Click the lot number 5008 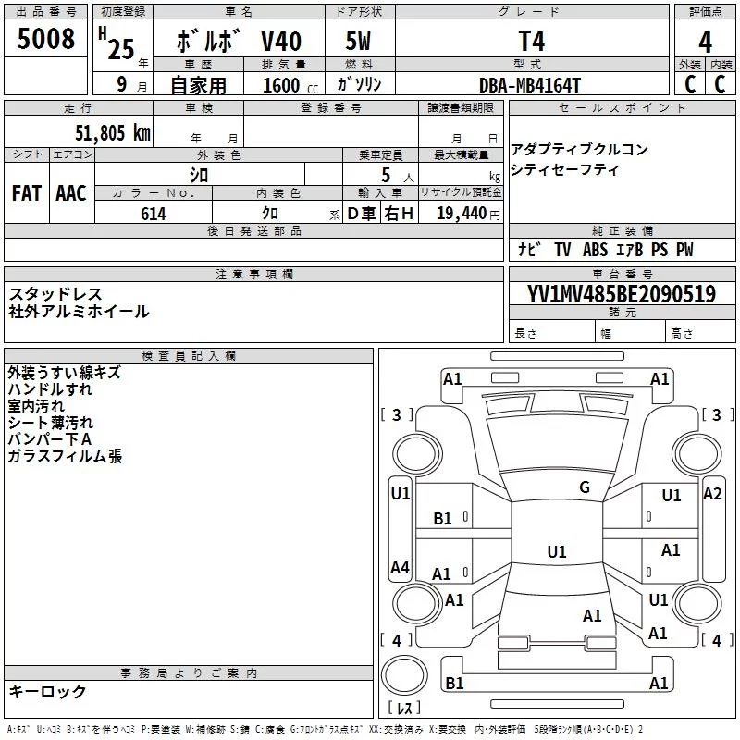[46, 40]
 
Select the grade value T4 [532, 42]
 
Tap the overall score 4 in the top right [705, 42]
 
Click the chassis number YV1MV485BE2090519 [622, 294]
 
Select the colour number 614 [154, 214]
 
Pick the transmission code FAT [27, 193]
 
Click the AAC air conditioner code [71, 193]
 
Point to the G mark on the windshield [584, 487]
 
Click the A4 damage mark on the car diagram [400, 568]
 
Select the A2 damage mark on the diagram [712, 494]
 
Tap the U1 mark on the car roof [556, 552]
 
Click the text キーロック [47, 691]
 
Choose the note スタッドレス [55, 294]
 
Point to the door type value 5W [359, 42]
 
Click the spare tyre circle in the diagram [404, 672]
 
